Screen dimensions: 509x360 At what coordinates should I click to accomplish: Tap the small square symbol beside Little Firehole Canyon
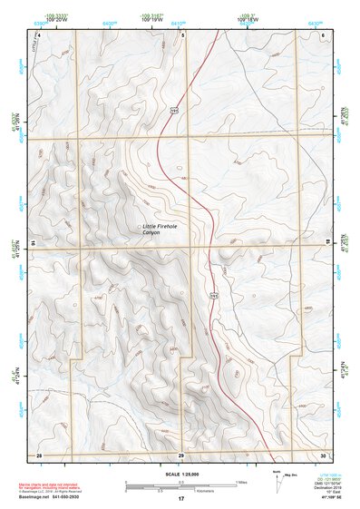[138, 226]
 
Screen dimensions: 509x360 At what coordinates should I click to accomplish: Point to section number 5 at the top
[181, 34]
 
